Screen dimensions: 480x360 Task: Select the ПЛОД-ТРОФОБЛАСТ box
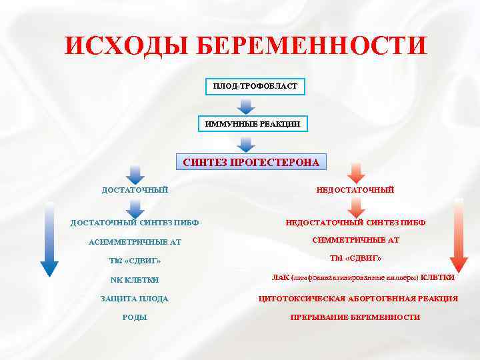click(246, 87)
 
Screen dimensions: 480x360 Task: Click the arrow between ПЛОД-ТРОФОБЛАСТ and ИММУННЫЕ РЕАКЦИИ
click(247, 105)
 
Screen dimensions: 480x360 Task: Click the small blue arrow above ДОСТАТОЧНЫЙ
click(135, 175)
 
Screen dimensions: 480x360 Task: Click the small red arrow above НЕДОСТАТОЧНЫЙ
click(355, 173)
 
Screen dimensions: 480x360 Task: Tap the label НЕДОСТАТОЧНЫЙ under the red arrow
click(355, 190)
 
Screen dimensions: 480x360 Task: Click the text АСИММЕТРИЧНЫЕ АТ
click(135, 241)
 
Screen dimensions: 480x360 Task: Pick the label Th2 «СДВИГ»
click(135, 260)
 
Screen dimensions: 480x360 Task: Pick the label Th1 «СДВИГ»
click(355, 257)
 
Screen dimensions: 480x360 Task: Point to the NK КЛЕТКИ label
click(135, 279)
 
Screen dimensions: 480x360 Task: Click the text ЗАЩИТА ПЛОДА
click(135, 299)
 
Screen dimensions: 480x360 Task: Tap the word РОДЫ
click(135, 317)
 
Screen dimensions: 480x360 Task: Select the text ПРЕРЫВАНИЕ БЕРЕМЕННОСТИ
click(355, 317)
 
